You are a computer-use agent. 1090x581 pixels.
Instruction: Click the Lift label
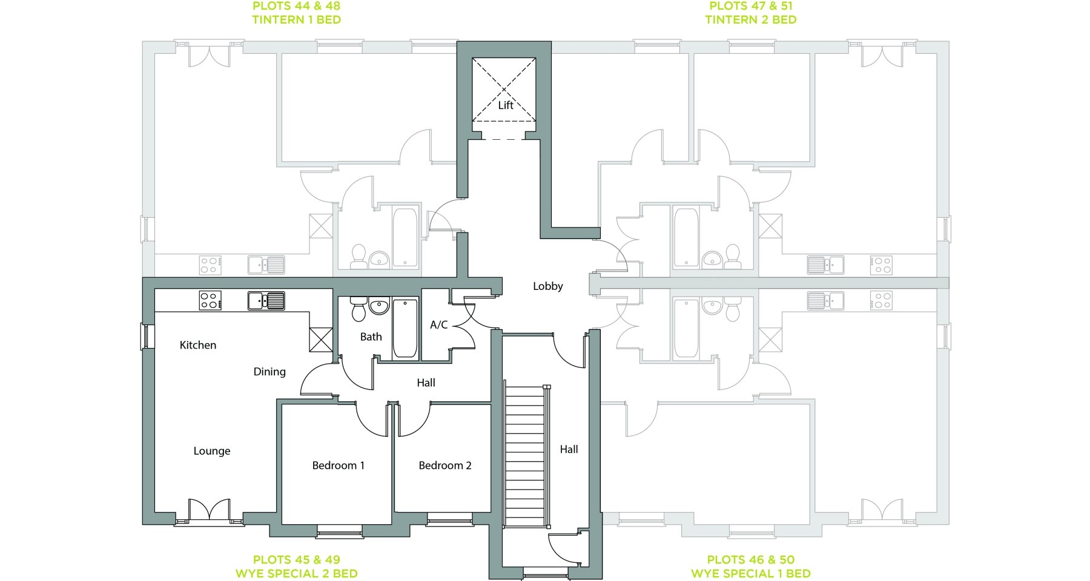(x=506, y=105)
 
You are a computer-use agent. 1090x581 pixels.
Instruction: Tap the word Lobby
(x=548, y=286)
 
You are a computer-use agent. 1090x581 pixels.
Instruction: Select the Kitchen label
(x=198, y=345)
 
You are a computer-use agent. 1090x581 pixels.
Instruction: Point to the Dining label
(x=269, y=372)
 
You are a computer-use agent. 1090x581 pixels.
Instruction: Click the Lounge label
(x=212, y=451)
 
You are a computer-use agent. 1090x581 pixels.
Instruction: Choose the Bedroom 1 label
(x=339, y=465)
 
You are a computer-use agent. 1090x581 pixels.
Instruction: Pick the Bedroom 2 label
(x=445, y=465)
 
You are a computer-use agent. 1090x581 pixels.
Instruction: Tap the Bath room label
(x=371, y=337)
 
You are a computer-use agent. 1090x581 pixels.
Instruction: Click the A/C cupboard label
(x=439, y=325)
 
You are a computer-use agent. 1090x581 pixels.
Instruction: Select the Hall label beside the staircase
(x=569, y=449)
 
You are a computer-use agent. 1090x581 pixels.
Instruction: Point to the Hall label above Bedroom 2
(x=426, y=382)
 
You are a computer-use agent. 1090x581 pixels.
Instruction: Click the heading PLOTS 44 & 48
(x=297, y=6)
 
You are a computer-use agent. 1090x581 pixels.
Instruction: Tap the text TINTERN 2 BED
(x=751, y=20)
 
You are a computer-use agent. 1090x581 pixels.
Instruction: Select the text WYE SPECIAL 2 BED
(x=297, y=574)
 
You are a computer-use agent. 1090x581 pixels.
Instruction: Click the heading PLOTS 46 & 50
(x=751, y=560)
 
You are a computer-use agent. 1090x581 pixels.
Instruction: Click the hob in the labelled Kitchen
(x=210, y=301)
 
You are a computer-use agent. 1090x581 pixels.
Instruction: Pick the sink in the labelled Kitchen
(x=266, y=301)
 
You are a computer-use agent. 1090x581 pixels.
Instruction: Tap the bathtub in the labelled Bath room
(x=405, y=328)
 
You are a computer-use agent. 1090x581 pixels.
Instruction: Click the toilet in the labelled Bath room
(x=358, y=309)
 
